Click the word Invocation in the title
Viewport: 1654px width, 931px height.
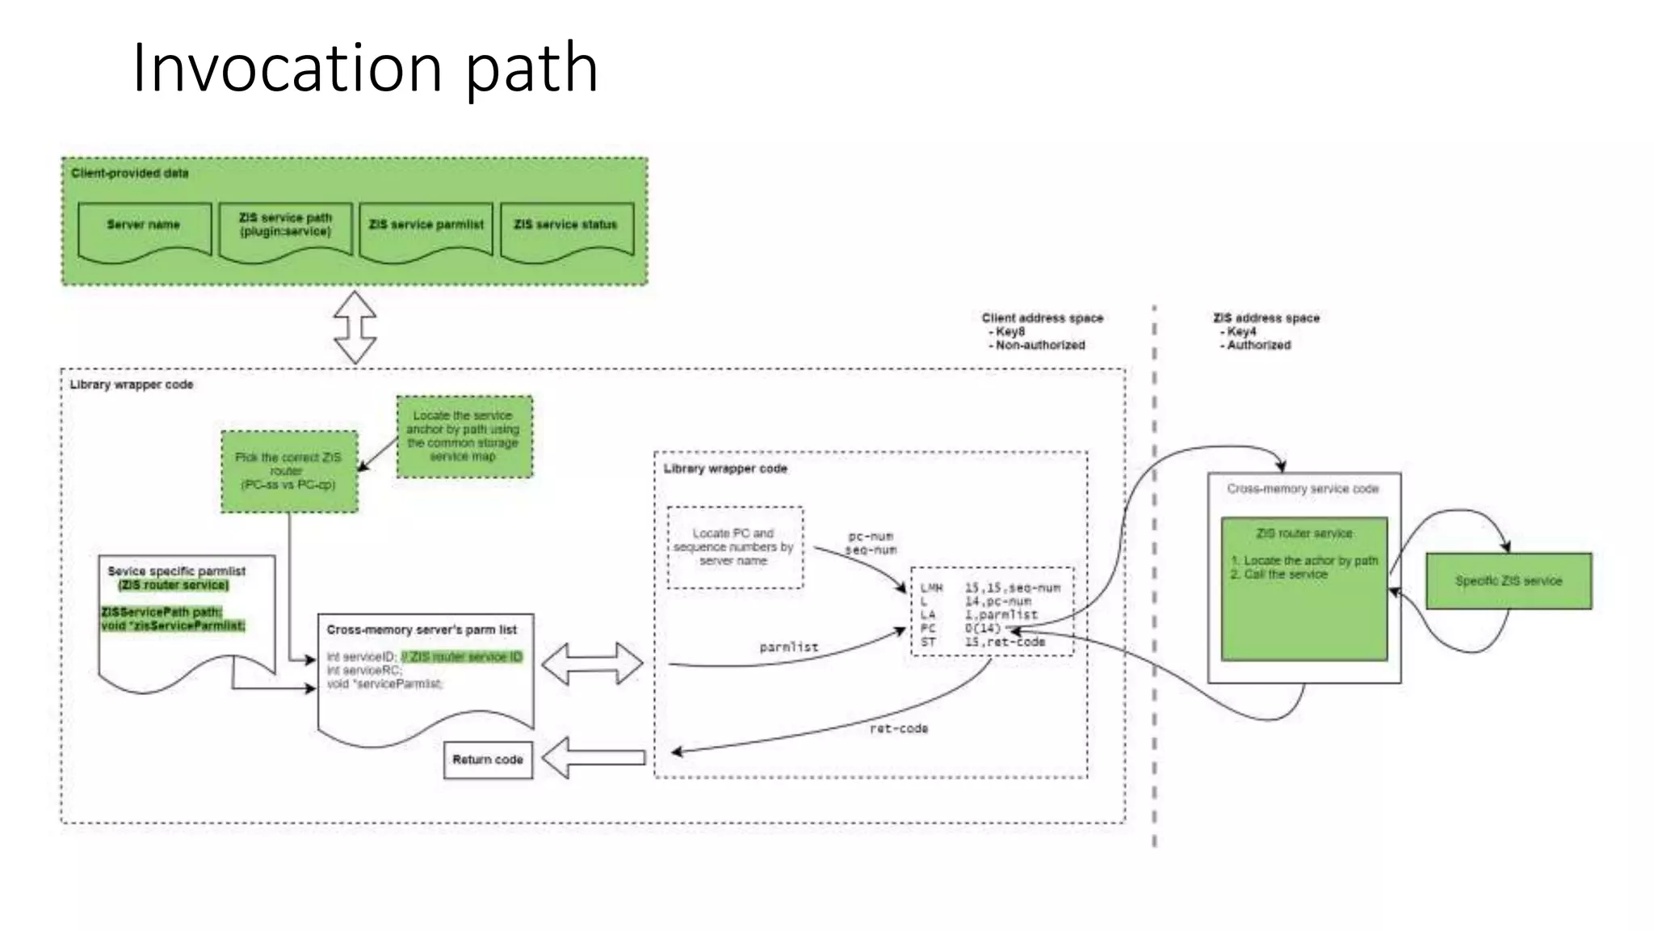tap(287, 68)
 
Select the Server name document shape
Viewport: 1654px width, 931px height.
tap(145, 231)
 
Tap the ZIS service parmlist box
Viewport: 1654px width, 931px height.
tap(426, 231)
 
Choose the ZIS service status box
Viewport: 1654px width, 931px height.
tap(566, 231)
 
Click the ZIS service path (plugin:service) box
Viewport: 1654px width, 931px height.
tap(285, 231)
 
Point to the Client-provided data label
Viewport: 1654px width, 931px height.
tap(129, 173)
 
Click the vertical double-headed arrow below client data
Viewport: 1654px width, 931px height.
tap(355, 327)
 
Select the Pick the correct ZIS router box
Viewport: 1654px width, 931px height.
tap(289, 471)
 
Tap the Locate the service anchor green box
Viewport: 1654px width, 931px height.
tap(464, 436)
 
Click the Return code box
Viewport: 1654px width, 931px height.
tap(488, 760)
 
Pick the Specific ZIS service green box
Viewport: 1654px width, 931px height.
tap(1508, 581)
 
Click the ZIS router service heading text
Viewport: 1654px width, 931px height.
tap(1303, 533)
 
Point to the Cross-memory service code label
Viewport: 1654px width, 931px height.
tap(1303, 489)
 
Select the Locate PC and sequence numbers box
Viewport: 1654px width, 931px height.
tap(734, 547)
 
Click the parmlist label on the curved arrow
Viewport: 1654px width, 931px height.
tap(788, 647)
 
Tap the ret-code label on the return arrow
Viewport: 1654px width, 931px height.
tap(898, 728)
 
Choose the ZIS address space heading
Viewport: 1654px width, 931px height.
tap(1266, 318)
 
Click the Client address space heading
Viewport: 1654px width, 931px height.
tap(1042, 318)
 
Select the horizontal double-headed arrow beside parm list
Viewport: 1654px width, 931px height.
tap(592, 663)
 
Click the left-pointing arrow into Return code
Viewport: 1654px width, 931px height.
tap(594, 757)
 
